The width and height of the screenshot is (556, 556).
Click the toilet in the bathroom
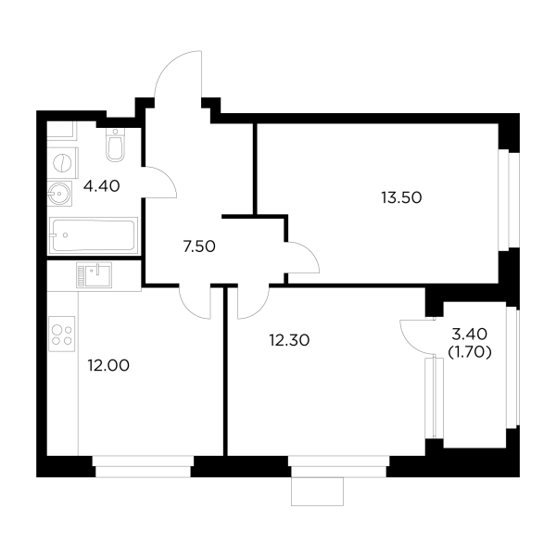click(x=116, y=145)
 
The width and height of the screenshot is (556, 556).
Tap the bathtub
click(x=94, y=236)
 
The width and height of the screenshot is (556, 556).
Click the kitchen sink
click(x=94, y=273)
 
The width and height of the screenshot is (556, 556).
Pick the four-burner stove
click(x=62, y=334)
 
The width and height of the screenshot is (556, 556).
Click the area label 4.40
click(x=102, y=186)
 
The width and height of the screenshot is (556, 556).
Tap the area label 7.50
click(x=200, y=246)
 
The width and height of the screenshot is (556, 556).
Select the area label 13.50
click(x=400, y=196)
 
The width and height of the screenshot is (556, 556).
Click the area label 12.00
click(x=108, y=365)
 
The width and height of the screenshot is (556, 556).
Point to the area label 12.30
click(x=288, y=340)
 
